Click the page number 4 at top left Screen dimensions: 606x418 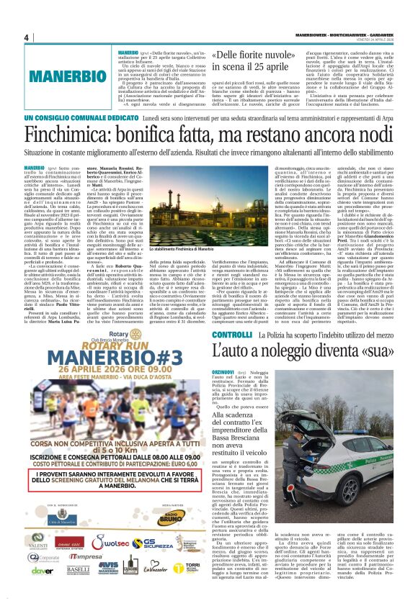click(25, 37)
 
